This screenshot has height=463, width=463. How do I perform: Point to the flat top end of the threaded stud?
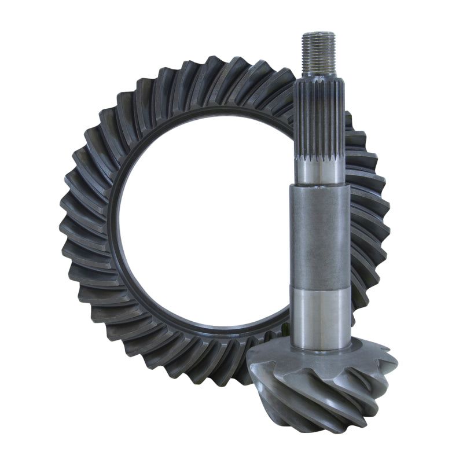(318, 34)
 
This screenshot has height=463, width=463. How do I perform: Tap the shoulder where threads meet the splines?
(319, 77)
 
